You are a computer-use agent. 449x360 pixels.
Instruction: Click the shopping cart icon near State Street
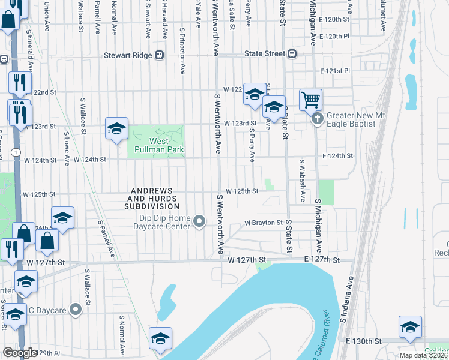click(310, 99)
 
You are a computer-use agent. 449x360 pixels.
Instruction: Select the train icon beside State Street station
click(292, 54)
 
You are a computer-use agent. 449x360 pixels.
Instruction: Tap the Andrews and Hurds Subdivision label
click(151, 199)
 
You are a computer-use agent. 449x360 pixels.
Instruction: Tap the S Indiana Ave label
click(345, 308)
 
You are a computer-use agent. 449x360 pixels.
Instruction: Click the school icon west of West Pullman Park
click(116, 128)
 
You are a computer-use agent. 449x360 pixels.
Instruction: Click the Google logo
click(20, 353)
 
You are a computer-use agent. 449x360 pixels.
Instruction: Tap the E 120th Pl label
click(334, 37)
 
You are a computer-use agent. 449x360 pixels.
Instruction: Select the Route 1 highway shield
click(13, 153)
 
